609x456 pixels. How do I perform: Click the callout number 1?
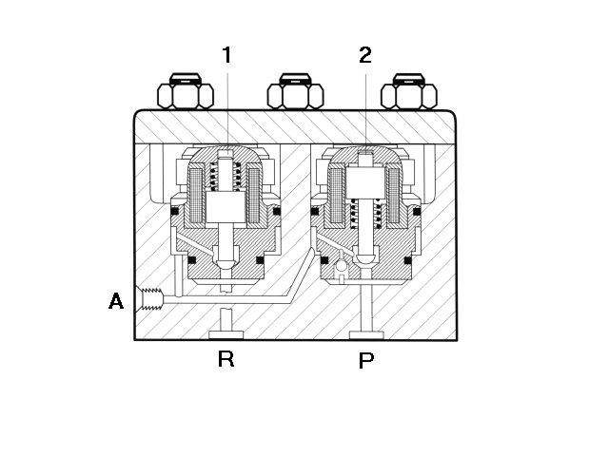coord(227,55)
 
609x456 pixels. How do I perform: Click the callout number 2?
coord(365,55)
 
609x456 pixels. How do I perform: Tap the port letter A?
coord(116,301)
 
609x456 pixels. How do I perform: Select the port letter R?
coord(226,359)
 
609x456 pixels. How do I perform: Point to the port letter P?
coord(365,361)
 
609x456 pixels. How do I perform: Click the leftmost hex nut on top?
coord(186,91)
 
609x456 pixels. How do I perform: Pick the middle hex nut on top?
coord(295,91)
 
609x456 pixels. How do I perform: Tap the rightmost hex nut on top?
coord(408,91)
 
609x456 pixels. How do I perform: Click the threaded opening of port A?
coord(150,299)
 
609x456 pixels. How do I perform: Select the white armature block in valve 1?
coord(226,207)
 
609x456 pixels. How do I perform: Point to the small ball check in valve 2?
coord(342,266)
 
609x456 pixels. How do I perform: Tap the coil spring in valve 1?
coord(226,177)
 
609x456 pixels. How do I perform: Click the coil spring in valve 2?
coord(365,213)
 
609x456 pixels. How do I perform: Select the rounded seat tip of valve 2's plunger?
coord(365,259)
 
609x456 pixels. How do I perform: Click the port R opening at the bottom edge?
coord(226,335)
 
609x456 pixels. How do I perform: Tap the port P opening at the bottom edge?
coord(366,335)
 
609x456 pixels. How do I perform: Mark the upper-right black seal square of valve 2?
coord(417,212)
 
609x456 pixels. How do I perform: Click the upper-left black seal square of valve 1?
coord(175,211)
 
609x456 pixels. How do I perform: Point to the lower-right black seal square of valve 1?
coord(260,259)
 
